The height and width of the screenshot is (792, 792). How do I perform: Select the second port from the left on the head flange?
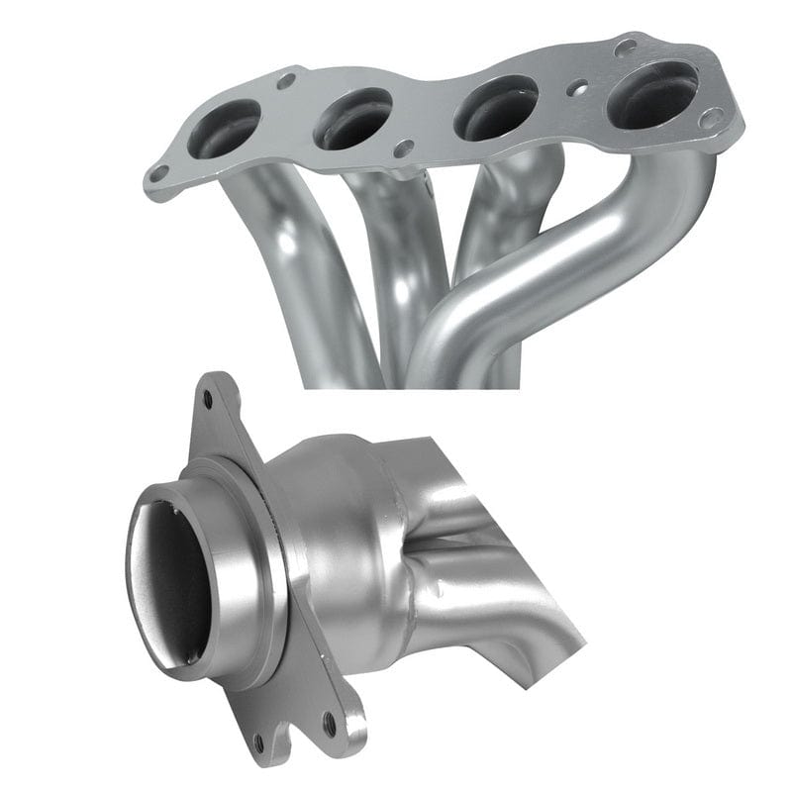click(352, 118)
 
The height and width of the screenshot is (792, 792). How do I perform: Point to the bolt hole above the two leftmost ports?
click(286, 79)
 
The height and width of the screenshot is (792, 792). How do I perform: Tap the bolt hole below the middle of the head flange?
click(403, 148)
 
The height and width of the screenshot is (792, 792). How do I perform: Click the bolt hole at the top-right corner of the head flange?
click(625, 47)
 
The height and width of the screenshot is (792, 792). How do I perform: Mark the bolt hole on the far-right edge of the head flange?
click(710, 118)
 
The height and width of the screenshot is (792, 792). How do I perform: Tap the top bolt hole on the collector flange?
click(207, 399)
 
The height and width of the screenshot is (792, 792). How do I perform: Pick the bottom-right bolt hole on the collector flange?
click(328, 729)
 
